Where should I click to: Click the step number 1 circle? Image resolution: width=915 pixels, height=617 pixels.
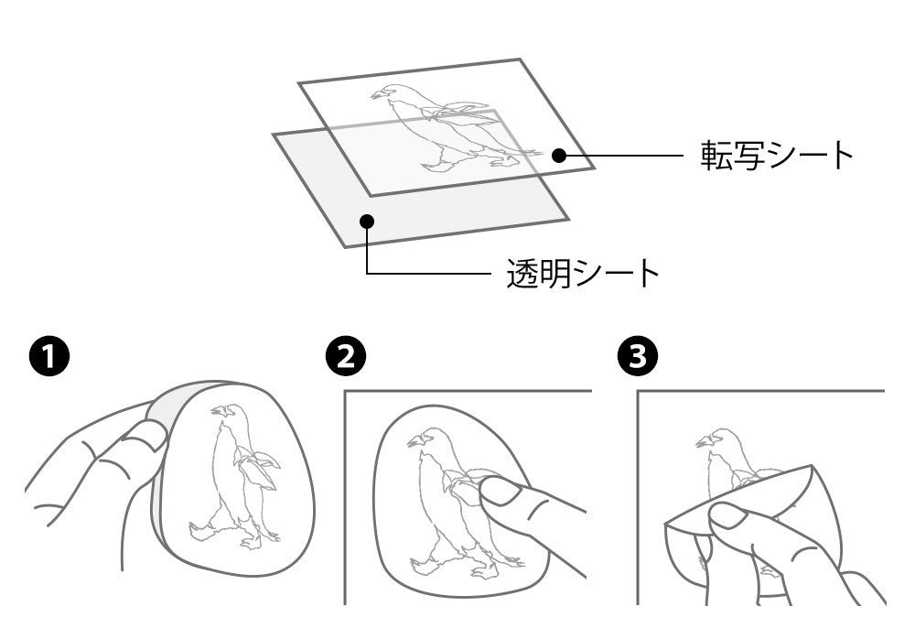coord(49,356)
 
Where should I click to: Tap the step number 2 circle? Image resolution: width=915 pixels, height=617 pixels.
coord(346,356)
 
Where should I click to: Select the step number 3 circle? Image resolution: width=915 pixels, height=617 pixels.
coord(638,356)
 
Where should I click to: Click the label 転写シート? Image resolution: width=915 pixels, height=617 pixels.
coord(777,156)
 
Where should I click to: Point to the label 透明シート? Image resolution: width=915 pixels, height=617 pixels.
coord(583,273)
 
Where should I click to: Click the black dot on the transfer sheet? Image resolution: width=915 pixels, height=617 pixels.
coord(559,156)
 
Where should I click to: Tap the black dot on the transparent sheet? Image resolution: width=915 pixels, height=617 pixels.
coord(367,222)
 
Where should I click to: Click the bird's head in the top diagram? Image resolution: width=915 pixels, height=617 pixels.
coord(389,93)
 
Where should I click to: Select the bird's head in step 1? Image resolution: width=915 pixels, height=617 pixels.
coord(226,412)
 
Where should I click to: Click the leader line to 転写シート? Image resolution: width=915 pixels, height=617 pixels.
coord(621,156)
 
